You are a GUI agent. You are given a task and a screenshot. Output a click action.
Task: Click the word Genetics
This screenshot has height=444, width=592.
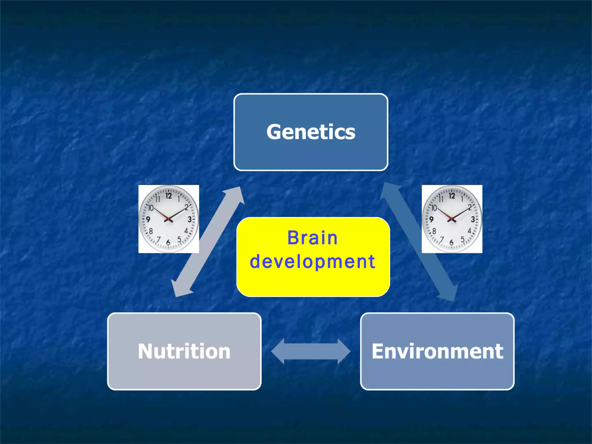pyautogui.click(x=311, y=132)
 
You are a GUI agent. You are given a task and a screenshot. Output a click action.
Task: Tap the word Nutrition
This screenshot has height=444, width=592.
pyautogui.click(x=184, y=351)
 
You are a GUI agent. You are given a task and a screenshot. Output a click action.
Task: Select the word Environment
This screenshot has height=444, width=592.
pyautogui.click(x=437, y=351)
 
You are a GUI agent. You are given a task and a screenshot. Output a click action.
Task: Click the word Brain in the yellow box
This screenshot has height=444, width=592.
pyautogui.click(x=312, y=238)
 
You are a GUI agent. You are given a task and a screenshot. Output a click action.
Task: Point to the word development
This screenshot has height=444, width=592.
pyautogui.click(x=312, y=262)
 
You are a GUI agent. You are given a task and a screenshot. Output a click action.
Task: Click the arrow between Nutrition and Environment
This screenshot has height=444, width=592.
pyautogui.click(x=311, y=351)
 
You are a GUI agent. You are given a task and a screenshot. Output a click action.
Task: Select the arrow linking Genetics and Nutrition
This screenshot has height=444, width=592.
pyautogui.click(x=208, y=242)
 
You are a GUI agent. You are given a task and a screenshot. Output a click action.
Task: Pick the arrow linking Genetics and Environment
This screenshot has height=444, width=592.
pyautogui.click(x=419, y=242)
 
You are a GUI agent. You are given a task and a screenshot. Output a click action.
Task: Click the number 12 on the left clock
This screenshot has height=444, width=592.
pyautogui.click(x=169, y=196)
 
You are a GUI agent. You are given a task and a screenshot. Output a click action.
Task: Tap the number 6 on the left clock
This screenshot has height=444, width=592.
pyautogui.click(x=168, y=243)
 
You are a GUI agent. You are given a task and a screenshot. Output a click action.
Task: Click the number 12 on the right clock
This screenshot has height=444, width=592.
pyautogui.click(x=452, y=196)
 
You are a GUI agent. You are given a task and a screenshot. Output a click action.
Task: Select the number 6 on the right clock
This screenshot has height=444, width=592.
pyautogui.click(x=452, y=243)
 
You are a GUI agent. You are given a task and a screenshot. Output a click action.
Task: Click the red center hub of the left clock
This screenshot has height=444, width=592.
pyautogui.click(x=169, y=219)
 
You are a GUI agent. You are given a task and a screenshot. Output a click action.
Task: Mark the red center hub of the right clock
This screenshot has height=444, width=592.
pyautogui.click(x=452, y=219)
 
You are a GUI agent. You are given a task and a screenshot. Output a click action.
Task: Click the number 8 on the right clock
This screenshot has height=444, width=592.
pyautogui.click(x=434, y=231)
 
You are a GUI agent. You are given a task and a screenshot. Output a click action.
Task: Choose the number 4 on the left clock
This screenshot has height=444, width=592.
pyautogui.click(x=186, y=231)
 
